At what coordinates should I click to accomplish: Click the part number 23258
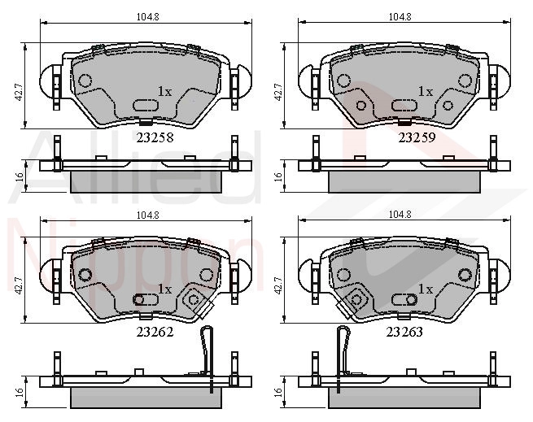(x=155, y=137)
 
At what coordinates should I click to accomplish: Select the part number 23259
(x=417, y=137)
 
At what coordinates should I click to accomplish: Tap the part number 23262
(x=155, y=332)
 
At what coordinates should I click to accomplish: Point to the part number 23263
(x=404, y=332)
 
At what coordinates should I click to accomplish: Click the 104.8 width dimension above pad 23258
(x=148, y=16)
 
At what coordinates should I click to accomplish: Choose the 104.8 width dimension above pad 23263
(x=400, y=215)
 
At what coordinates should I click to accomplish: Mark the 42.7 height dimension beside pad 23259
(x=279, y=92)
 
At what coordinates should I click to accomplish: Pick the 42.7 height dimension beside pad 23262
(x=19, y=285)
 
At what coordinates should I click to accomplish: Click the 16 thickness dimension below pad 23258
(x=20, y=176)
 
